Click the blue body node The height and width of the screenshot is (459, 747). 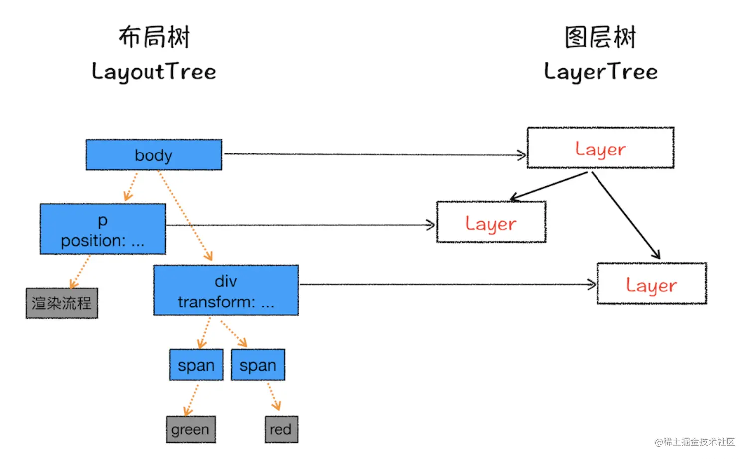click(153, 155)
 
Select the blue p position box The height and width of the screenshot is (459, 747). click(103, 229)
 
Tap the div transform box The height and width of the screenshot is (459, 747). click(226, 291)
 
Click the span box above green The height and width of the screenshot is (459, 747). click(196, 365)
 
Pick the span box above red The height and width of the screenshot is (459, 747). click(258, 365)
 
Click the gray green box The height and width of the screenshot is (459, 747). click(191, 429)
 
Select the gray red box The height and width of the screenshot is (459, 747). click(281, 429)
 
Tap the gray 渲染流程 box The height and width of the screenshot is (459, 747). click(62, 303)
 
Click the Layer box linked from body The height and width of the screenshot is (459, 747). click(600, 148)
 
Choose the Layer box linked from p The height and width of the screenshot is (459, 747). click(491, 222)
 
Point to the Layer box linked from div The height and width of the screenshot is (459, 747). click(651, 284)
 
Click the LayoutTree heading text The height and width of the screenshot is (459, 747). click(153, 72)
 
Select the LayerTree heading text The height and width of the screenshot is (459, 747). click(600, 72)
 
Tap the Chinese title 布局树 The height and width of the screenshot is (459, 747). click(154, 37)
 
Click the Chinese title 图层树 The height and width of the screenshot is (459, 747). click(600, 37)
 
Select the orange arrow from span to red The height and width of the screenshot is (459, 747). click(273, 396)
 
